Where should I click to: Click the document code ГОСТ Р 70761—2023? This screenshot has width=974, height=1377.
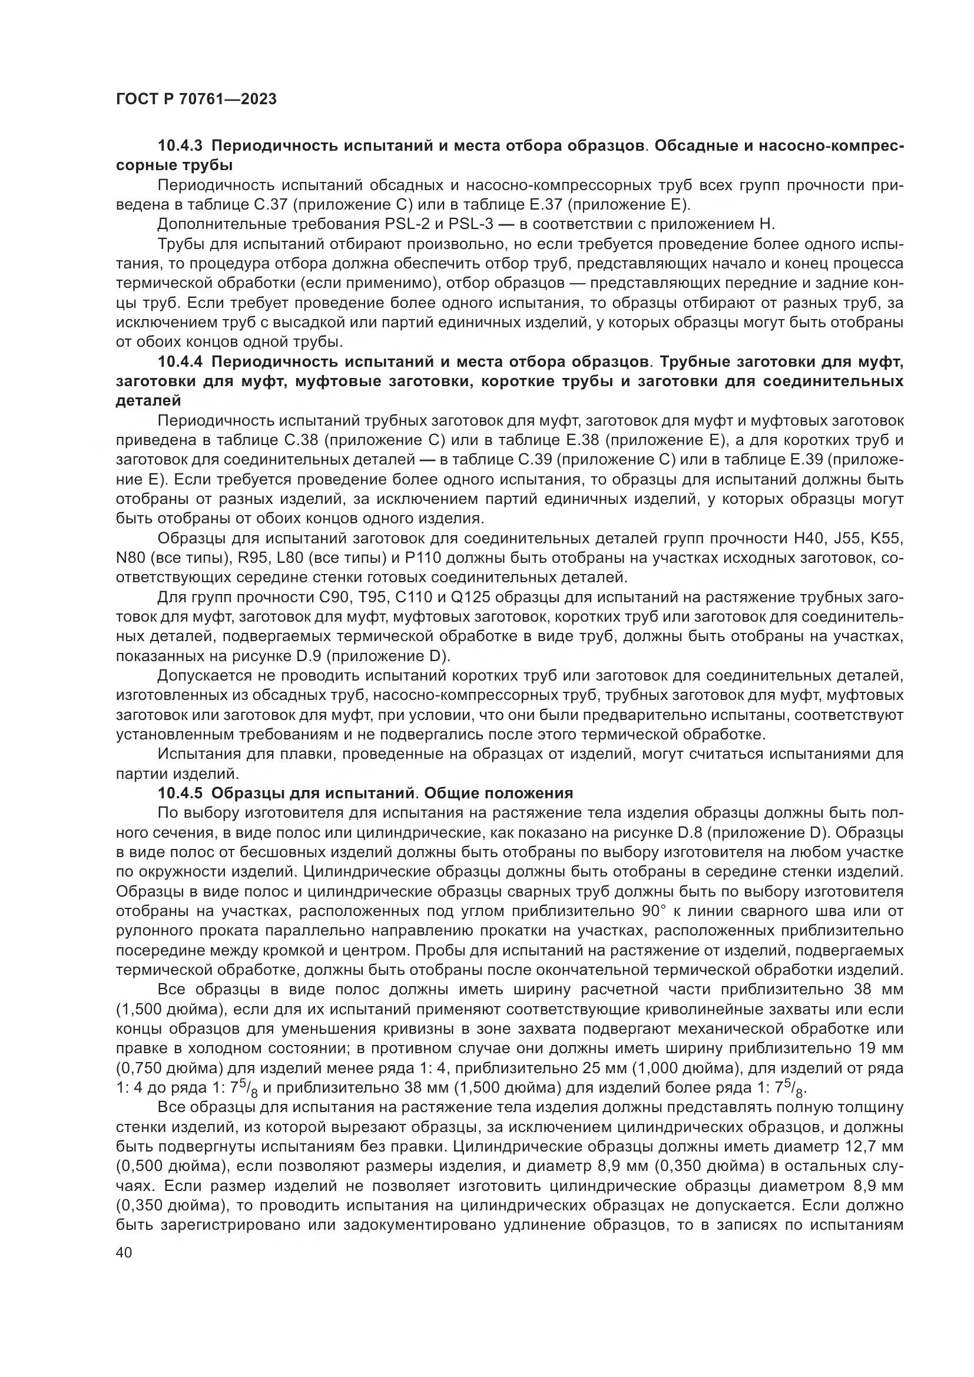196,99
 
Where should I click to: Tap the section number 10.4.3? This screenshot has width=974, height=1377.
181,146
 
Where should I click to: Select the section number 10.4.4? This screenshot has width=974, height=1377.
181,362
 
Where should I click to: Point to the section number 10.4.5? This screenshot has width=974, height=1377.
181,794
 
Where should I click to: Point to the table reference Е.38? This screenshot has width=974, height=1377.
582,441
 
